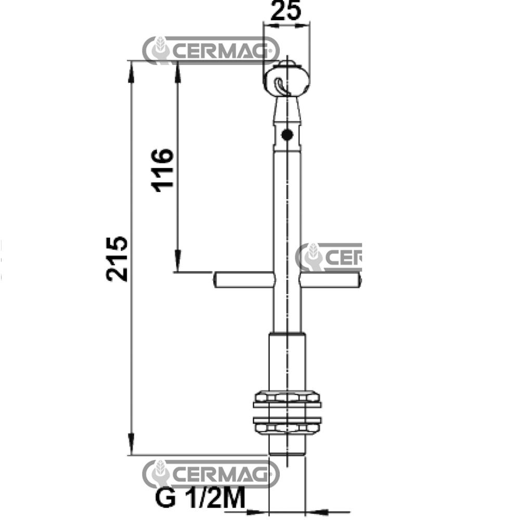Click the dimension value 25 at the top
click(287, 11)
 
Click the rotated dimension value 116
click(163, 170)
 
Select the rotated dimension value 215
click(117, 258)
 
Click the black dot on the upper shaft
click(286, 135)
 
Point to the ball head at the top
click(287, 81)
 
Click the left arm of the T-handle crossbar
click(243, 280)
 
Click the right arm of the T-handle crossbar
click(330, 280)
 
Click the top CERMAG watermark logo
click(211, 50)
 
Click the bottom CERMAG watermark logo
click(211, 473)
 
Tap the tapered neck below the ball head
click(287, 112)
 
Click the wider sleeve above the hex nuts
click(287, 361)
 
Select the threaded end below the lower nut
click(287, 445)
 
